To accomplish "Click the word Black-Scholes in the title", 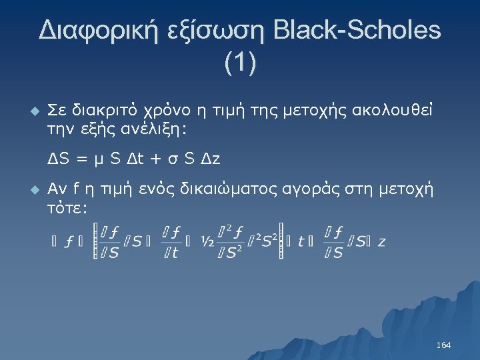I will pyautogui.click(x=357, y=31).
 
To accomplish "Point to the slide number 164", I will pyautogui.click(x=443, y=345).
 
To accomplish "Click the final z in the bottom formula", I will pyautogui.click(x=381, y=242).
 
